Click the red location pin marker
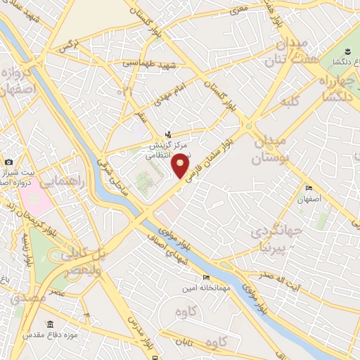coord(181,165)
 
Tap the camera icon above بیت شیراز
coord(9,163)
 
